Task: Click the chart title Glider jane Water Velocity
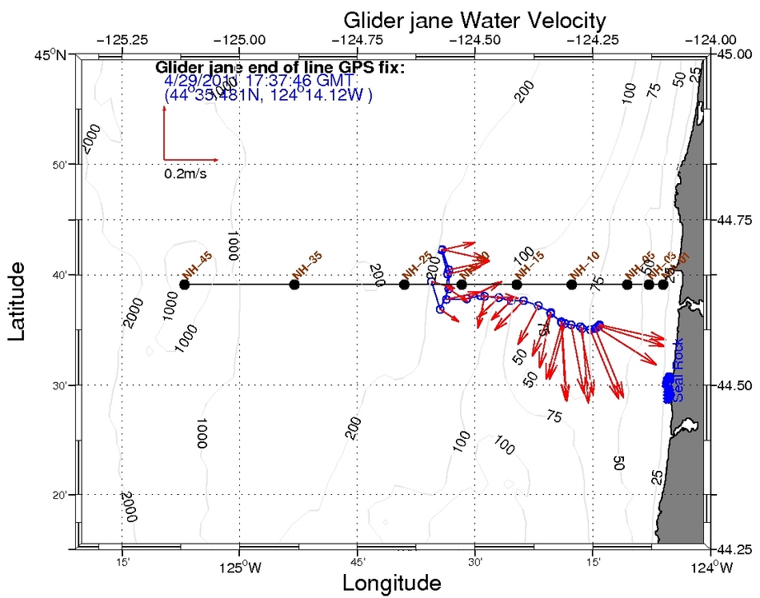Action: pos(474,19)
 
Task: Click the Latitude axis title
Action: pos(22,301)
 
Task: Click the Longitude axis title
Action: pos(391,583)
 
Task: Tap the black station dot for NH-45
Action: pos(185,285)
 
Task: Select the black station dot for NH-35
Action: pos(294,285)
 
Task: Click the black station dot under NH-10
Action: pos(571,285)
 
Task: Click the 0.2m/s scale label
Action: pos(186,173)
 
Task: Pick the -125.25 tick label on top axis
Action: pos(122,39)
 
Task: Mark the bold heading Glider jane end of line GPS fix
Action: pos(280,67)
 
